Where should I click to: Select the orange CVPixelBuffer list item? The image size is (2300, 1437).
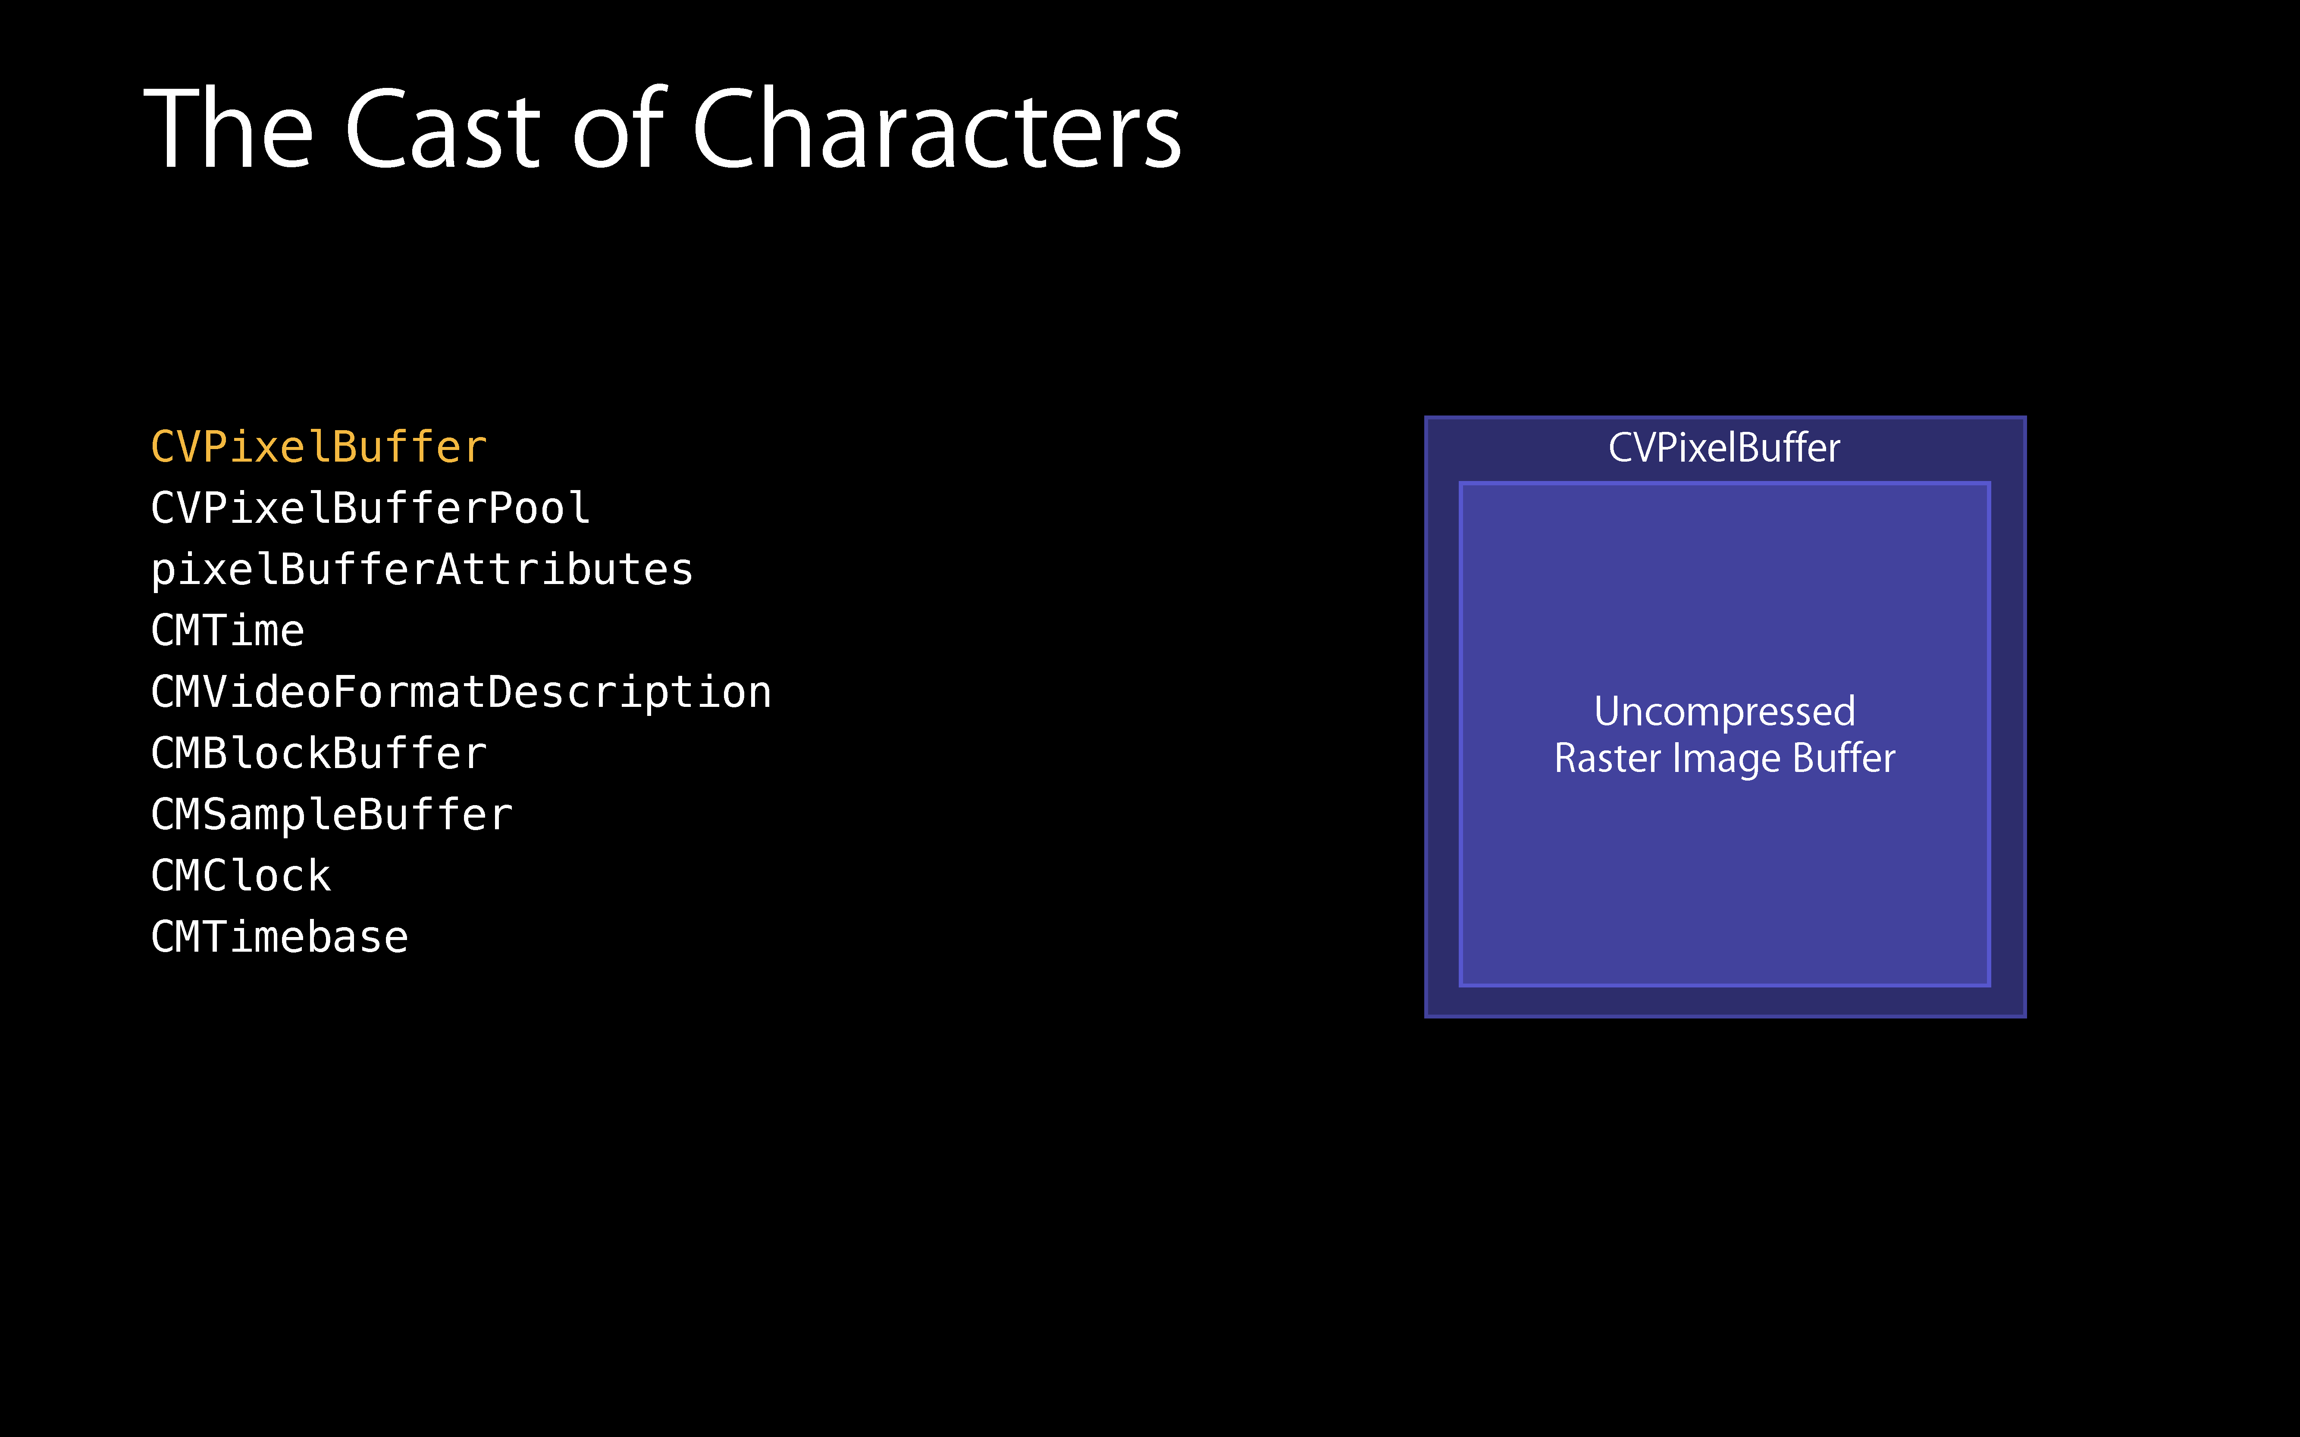(x=319, y=447)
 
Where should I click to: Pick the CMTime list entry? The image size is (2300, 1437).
(x=227, y=630)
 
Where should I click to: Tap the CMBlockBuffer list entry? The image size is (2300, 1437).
(x=319, y=753)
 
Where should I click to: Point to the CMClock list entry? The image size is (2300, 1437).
(x=241, y=875)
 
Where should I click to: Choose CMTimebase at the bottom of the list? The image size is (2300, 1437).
(x=279, y=937)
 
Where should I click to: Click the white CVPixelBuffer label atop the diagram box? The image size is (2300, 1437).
(x=1724, y=448)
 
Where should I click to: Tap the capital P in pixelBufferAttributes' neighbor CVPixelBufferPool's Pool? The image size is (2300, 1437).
(x=500, y=507)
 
